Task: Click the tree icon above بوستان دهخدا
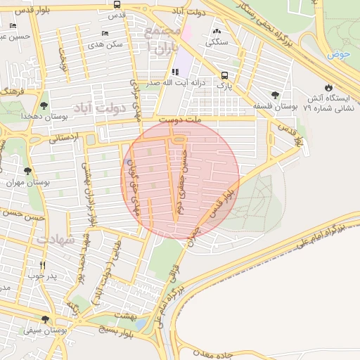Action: pyautogui.click(x=44, y=104)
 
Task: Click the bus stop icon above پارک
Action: pyautogui.click(x=224, y=75)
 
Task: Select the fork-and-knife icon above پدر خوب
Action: pyautogui.click(x=43, y=265)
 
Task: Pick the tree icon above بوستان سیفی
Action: pyautogui.click(x=46, y=319)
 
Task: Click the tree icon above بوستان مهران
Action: pyautogui.click(x=27, y=171)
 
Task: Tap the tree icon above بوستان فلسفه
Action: pyautogui.click(x=275, y=95)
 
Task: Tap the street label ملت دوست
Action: pyautogui.click(x=180, y=121)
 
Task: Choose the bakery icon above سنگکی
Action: pyautogui.click(x=215, y=32)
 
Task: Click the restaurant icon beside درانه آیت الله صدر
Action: pyautogui.click(x=174, y=72)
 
